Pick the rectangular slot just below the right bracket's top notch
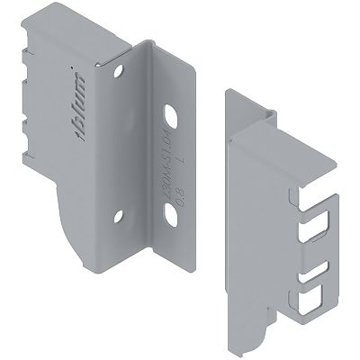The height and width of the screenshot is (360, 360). tap(314, 229)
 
